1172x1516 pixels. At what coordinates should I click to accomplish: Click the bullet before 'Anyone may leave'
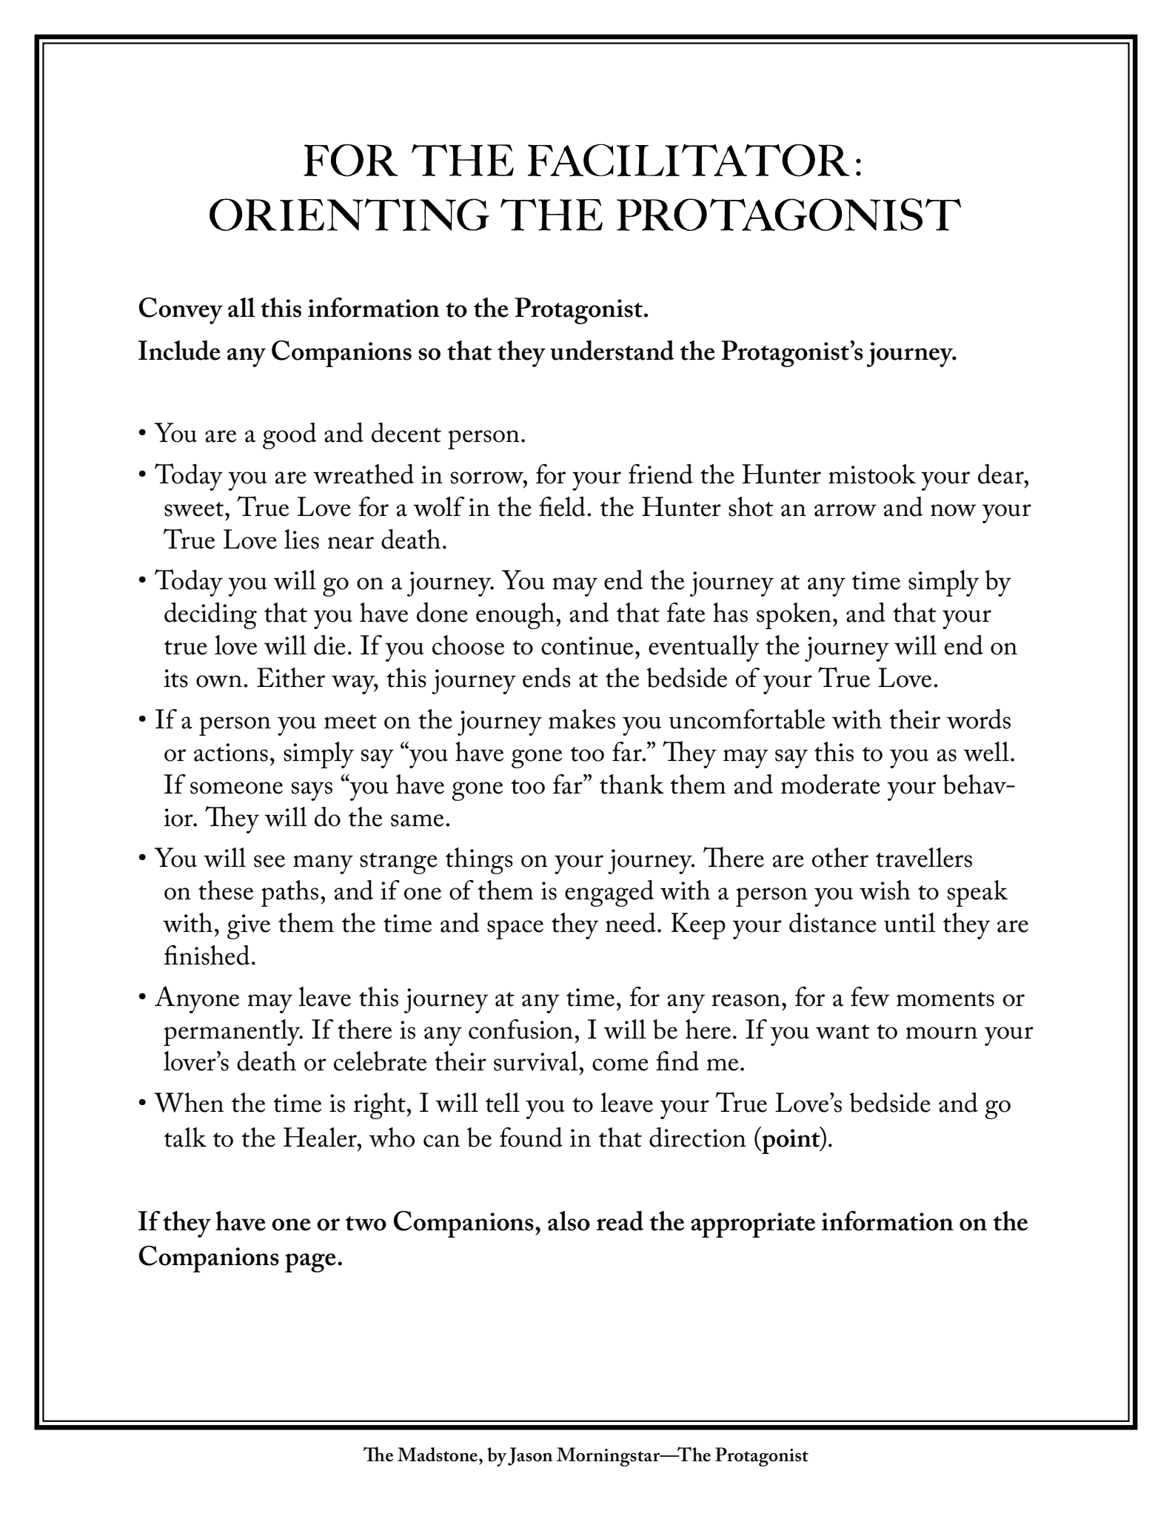pos(142,999)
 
